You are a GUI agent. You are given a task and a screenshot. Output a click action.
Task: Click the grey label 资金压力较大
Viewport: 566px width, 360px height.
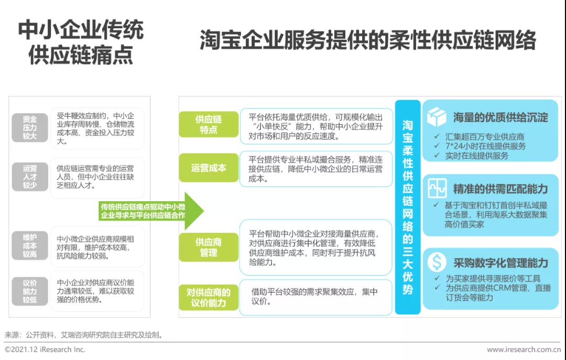(30, 127)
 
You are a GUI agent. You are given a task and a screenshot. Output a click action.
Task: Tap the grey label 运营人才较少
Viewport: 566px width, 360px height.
(30, 177)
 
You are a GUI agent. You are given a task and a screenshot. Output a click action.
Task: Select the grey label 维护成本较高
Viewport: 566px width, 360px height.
(30, 245)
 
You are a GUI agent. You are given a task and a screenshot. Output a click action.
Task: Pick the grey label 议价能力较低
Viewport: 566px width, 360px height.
(30, 291)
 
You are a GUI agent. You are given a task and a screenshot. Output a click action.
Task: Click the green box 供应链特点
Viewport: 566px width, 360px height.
(208, 125)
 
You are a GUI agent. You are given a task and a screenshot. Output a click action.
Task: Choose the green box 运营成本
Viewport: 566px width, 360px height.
(208, 168)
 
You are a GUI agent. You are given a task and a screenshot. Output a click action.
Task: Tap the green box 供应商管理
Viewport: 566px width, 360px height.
(208, 247)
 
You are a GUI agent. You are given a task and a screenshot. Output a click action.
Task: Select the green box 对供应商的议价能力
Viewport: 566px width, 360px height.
(208, 297)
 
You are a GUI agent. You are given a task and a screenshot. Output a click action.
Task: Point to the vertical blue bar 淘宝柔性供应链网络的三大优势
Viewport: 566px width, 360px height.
(408, 207)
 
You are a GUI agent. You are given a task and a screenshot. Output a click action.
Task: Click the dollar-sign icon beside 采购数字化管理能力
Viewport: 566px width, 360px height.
(437, 262)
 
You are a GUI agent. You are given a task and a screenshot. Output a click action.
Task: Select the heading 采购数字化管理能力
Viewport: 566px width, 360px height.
(500, 262)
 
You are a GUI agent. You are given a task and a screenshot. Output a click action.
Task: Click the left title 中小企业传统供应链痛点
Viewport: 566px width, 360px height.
(81, 43)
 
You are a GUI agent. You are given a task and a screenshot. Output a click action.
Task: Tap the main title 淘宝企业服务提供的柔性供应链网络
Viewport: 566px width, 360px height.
(368, 40)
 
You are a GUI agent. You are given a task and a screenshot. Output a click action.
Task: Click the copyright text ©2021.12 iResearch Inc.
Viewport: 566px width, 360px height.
(45, 350)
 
